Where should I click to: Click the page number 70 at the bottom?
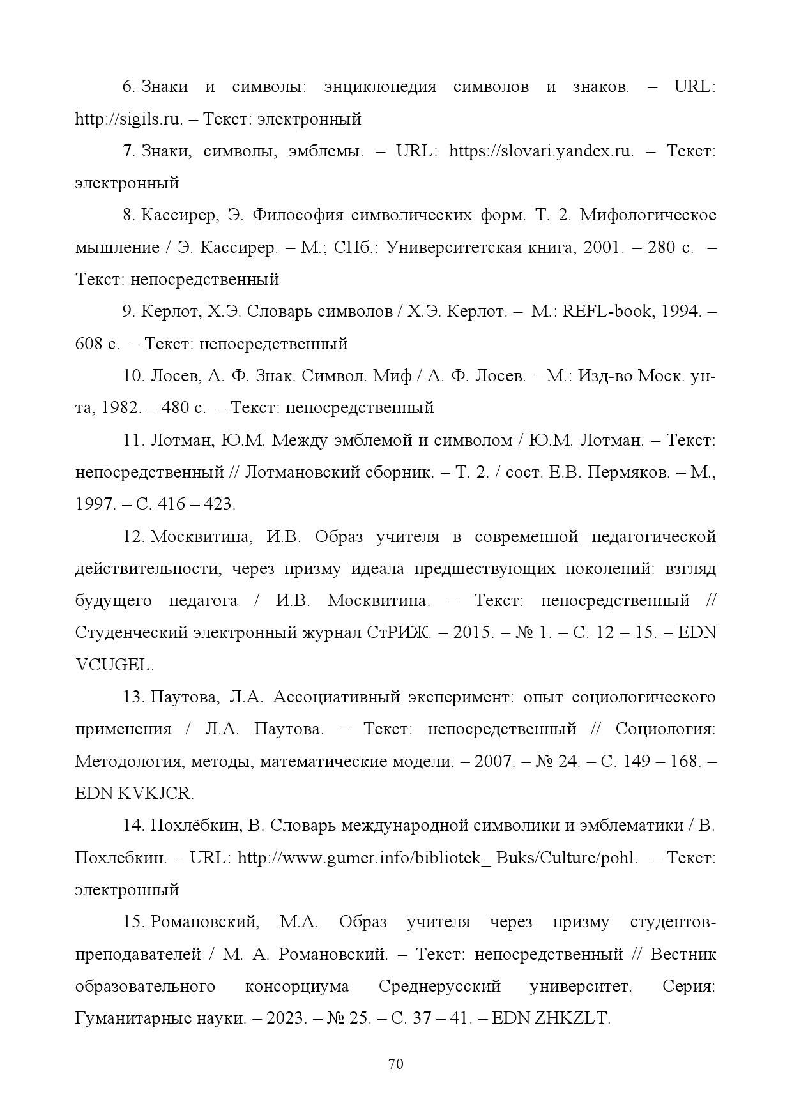(395, 1064)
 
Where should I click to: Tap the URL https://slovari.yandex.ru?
(541, 151)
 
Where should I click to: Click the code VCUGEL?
(114, 665)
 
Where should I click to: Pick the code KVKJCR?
(155, 793)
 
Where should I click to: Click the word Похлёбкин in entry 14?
(195, 825)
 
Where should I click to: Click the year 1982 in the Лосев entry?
(119, 408)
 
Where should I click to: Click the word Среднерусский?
(439, 986)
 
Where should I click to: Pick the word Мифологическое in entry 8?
(648, 215)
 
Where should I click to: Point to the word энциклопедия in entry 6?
(380, 87)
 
